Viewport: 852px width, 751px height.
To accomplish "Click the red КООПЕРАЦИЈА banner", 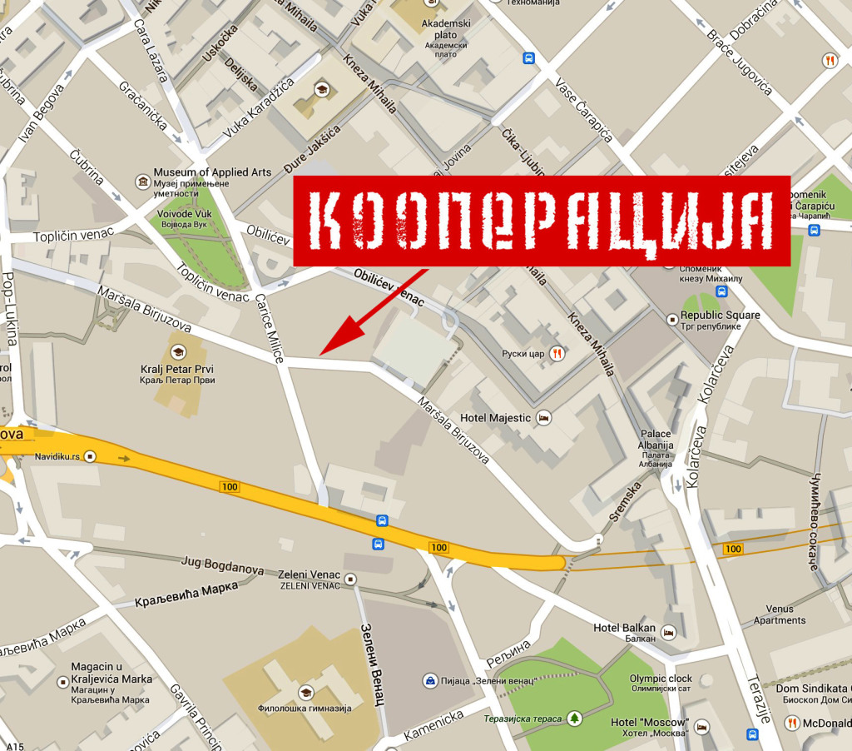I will pyautogui.click(x=541, y=221).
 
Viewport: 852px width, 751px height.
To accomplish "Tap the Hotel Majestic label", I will pyautogui.click(x=495, y=418).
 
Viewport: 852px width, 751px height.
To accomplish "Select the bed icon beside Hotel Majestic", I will pyautogui.click(x=543, y=417).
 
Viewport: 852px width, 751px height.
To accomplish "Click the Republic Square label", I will pyautogui.click(x=720, y=316).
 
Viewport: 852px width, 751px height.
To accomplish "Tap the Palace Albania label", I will pyautogui.click(x=655, y=440).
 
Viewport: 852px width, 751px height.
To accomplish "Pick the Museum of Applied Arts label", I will pyautogui.click(x=213, y=172).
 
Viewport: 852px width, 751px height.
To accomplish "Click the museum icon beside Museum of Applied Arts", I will pyautogui.click(x=142, y=181).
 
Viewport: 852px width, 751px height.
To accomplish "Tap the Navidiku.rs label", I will pyautogui.click(x=57, y=456).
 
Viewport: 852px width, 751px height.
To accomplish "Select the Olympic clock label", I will pyautogui.click(x=660, y=679).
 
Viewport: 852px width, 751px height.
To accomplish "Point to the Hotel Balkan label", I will pyautogui.click(x=624, y=628).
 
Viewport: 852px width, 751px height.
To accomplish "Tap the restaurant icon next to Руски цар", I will pyautogui.click(x=557, y=353).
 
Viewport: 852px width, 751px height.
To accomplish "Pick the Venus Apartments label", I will pyautogui.click(x=780, y=614).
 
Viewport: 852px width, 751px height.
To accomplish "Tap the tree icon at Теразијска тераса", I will pyautogui.click(x=574, y=718).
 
